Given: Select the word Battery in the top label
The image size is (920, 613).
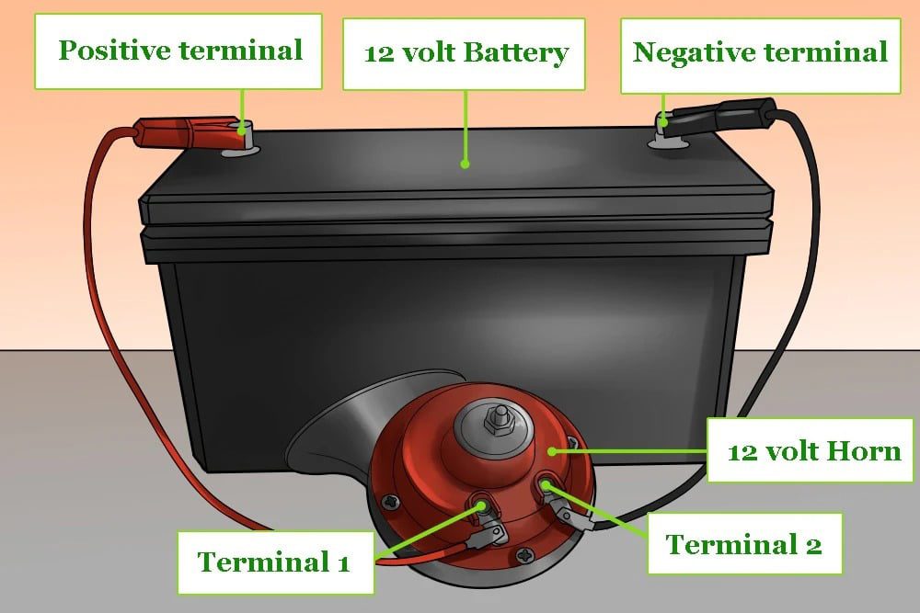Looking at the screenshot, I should tap(514, 52).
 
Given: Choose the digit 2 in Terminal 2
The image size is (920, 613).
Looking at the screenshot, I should tap(811, 544).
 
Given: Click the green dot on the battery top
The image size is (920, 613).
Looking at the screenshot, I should tap(465, 165).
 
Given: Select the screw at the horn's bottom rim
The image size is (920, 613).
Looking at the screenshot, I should tap(524, 555).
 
